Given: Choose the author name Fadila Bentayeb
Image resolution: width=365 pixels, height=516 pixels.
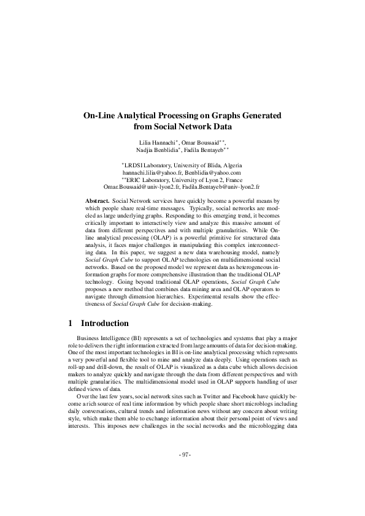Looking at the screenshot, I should (207, 150).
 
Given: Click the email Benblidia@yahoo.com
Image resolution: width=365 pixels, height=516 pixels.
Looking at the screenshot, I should (211, 172).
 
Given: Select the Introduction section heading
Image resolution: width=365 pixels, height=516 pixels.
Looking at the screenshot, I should (105, 324).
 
